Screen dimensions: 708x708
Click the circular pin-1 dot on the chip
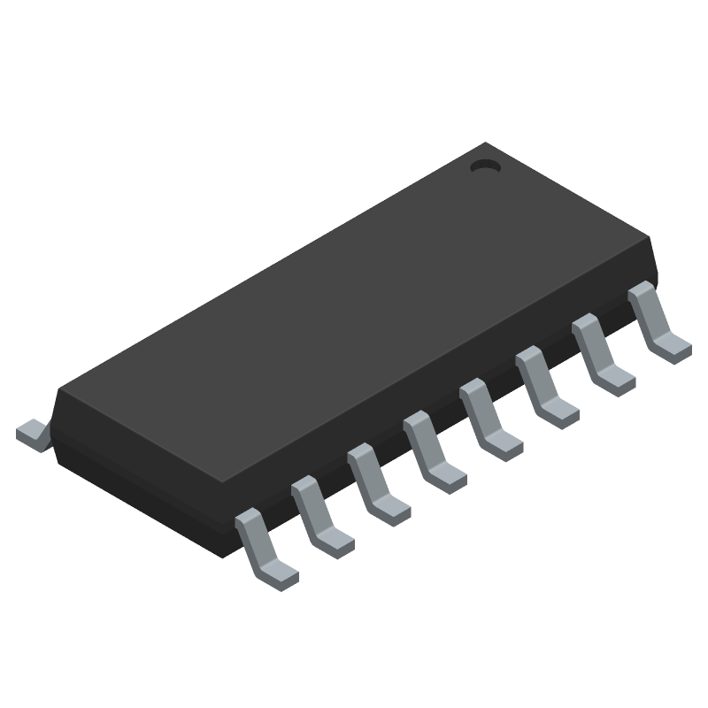(x=484, y=165)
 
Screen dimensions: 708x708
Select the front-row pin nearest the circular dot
(x=654, y=319)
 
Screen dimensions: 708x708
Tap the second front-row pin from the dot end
(x=600, y=353)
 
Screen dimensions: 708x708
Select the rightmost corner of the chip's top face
(x=650, y=239)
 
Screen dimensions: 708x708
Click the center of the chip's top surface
(x=354, y=314)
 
